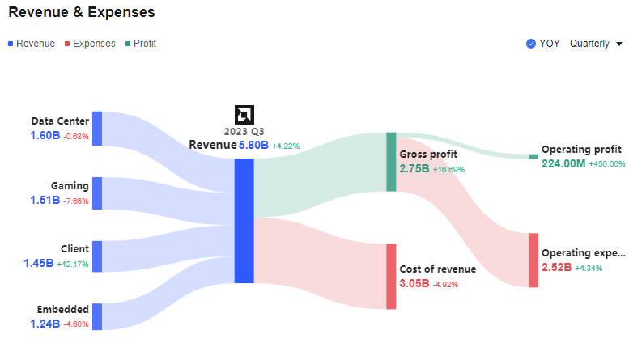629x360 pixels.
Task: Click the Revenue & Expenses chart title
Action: (82, 13)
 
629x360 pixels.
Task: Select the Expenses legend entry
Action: (89, 44)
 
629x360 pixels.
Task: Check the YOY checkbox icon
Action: (531, 44)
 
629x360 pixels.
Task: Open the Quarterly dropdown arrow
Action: (619, 44)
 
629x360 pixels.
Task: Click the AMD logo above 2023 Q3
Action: (244, 114)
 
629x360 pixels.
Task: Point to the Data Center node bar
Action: (97, 129)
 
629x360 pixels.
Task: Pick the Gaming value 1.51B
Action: (45, 200)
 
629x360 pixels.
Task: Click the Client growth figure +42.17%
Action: (73, 264)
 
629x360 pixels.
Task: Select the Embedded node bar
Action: (97, 316)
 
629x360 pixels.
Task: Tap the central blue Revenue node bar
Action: (244, 220)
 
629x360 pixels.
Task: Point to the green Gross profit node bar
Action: (391, 162)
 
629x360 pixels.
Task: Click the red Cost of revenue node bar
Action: (391, 276)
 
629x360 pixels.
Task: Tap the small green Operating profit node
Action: (533, 156)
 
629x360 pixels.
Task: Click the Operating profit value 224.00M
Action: (563, 163)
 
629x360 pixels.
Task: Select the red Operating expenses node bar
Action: (533, 260)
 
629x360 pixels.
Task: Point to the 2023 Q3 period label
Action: (244, 131)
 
